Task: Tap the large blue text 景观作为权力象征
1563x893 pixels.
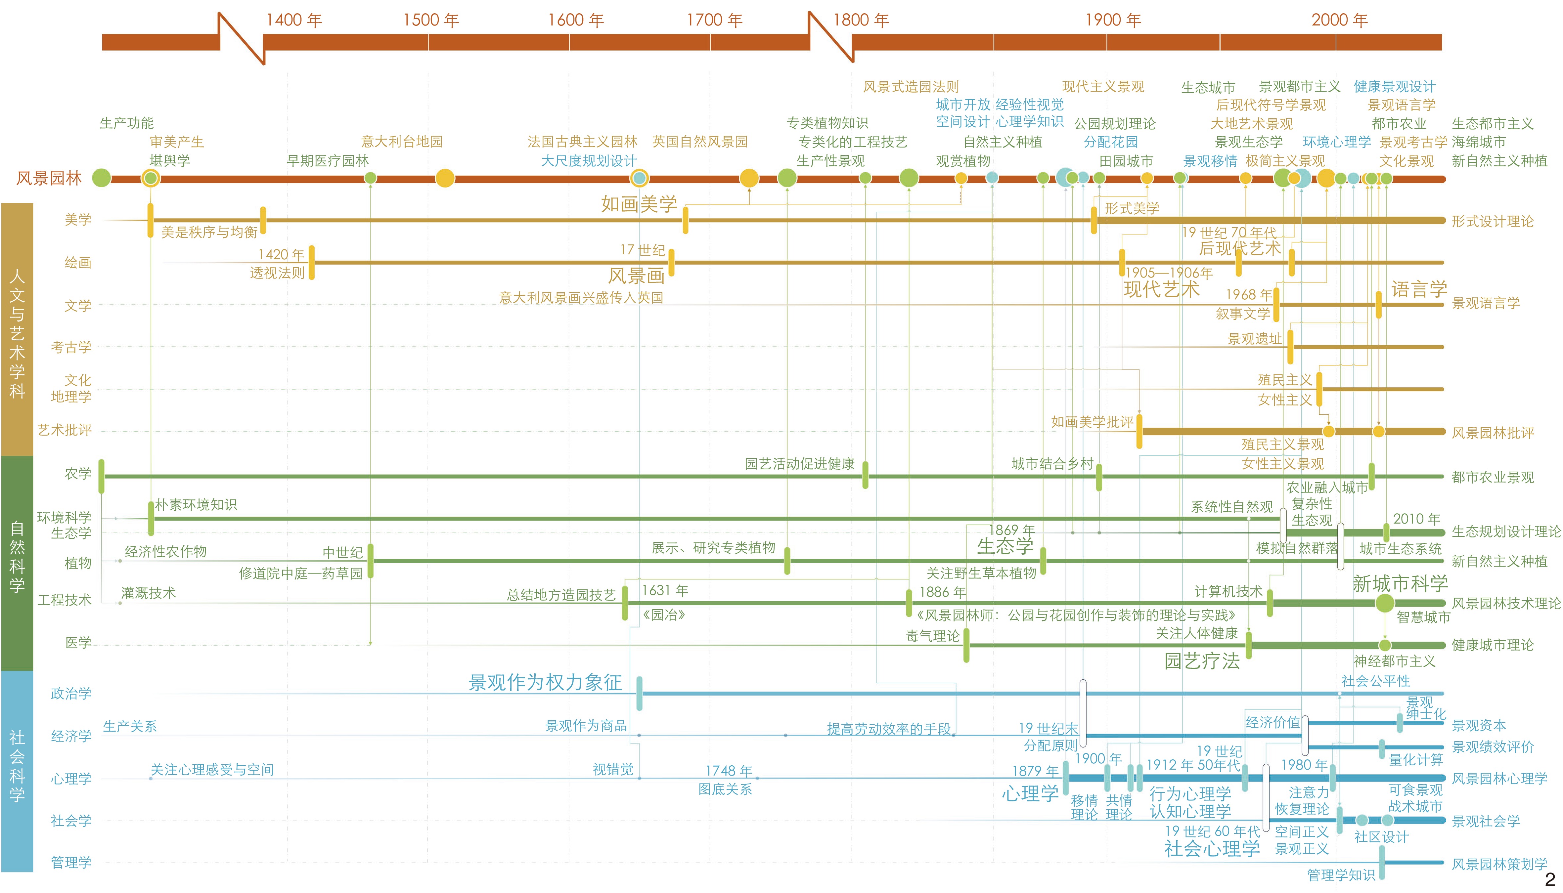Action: (x=545, y=682)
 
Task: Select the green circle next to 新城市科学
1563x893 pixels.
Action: (x=1384, y=603)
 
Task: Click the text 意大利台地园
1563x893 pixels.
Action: (x=402, y=142)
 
